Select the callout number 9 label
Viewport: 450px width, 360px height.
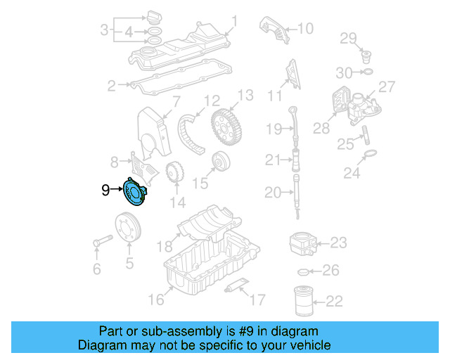click(105, 190)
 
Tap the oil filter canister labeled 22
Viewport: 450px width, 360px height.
click(303, 301)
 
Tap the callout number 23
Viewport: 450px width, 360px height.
click(338, 243)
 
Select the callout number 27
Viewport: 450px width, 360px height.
click(387, 86)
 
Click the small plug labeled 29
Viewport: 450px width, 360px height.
click(366, 53)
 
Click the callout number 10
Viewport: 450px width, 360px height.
click(304, 28)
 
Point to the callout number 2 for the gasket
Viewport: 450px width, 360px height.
click(111, 86)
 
